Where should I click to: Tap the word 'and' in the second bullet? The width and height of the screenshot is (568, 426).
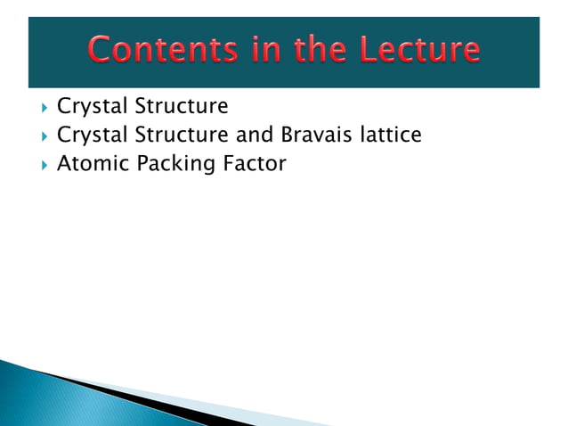click(254, 135)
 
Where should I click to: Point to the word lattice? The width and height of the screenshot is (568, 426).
click(389, 135)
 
